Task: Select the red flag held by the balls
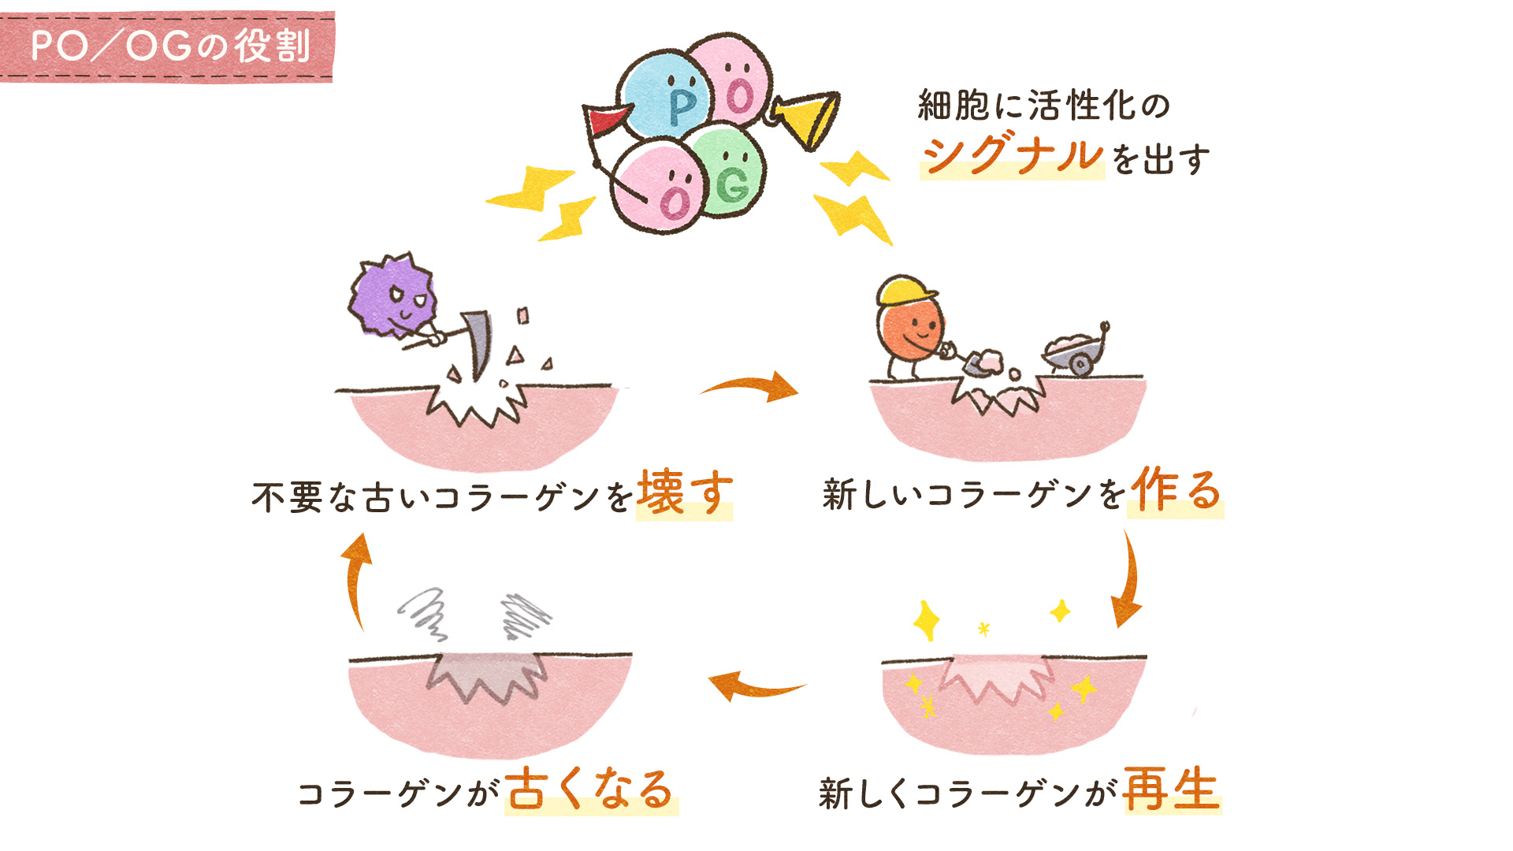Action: pos(605,120)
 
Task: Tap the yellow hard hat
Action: pos(906,291)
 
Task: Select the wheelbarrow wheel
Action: pos(1080,364)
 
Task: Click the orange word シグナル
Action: pos(1013,155)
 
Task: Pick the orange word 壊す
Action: pos(684,493)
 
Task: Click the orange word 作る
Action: pos(1175,490)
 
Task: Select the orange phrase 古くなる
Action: pos(590,790)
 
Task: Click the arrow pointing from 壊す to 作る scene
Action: pos(753,386)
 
